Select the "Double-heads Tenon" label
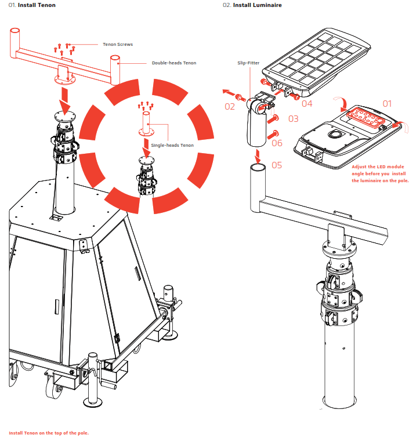click(x=174, y=63)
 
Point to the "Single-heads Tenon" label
click(x=172, y=145)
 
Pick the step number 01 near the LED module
click(x=387, y=103)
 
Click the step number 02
click(x=230, y=106)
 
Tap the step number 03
click(x=293, y=119)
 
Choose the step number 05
click(x=276, y=165)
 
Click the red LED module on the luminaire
click(x=366, y=118)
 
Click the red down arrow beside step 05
click(x=257, y=155)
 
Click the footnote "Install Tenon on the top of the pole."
click(x=49, y=433)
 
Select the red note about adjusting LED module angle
click(x=380, y=173)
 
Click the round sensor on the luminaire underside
click(x=335, y=136)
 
